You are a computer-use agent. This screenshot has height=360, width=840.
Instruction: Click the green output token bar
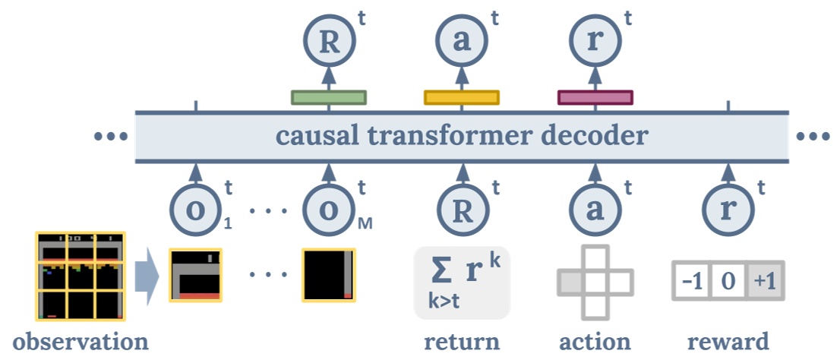pos(329,97)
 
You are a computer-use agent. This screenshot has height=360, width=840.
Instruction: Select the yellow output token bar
pos(461,97)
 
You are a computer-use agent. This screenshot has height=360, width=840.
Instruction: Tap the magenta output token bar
pos(595,97)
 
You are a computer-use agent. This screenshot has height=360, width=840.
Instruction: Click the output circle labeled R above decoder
pos(329,43)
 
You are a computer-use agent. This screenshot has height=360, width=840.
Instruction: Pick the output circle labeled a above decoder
pos(461,43)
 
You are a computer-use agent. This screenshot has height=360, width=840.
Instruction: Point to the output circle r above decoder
pos(595,43)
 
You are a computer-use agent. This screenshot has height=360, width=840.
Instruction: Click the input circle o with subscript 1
pos(196,207)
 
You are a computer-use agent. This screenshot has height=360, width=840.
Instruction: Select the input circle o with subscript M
pos(329,207)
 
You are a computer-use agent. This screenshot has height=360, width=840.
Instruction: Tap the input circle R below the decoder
pos(461,207)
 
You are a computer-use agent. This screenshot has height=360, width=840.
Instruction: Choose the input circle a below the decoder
pos(595,207)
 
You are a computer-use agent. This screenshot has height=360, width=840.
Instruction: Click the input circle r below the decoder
pos(728,207)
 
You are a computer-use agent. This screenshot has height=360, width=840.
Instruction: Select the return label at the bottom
pos(462,341)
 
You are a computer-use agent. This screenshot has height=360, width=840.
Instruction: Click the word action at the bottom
pos(595,341)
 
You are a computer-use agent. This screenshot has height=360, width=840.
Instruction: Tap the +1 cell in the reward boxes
pos(766,283)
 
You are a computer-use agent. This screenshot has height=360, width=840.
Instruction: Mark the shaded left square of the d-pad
pos(570,283)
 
